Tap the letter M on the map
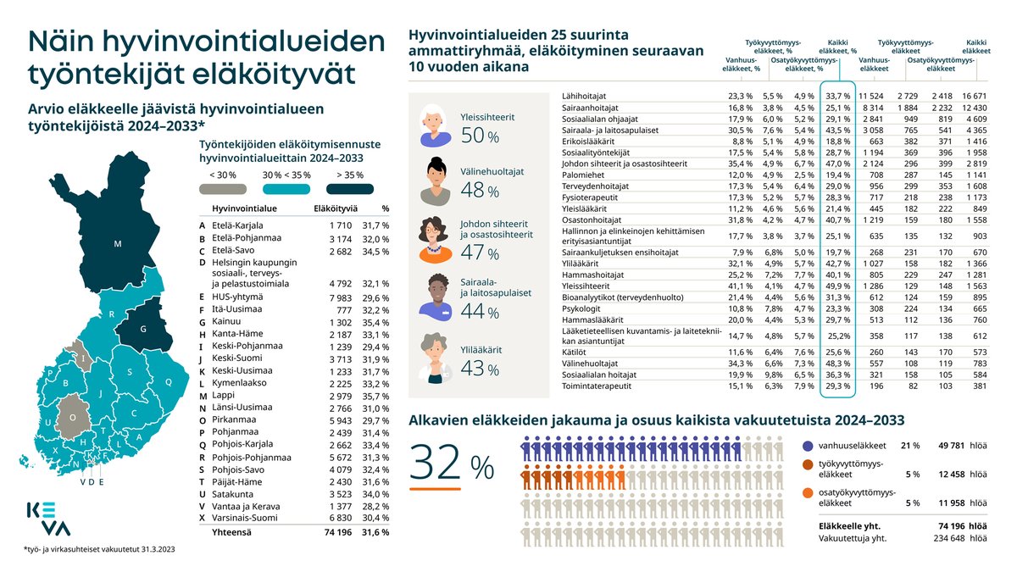tap(118, 244)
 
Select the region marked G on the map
tap(143, 328)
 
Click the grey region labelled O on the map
tap(73, 417)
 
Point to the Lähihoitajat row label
tap(583, 97)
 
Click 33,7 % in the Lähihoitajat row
tap(837, 97)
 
